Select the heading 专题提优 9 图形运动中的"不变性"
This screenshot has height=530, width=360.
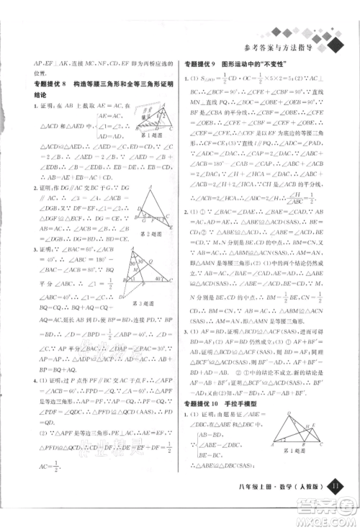[237, 64]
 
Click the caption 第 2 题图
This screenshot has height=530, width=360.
[149, 233]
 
